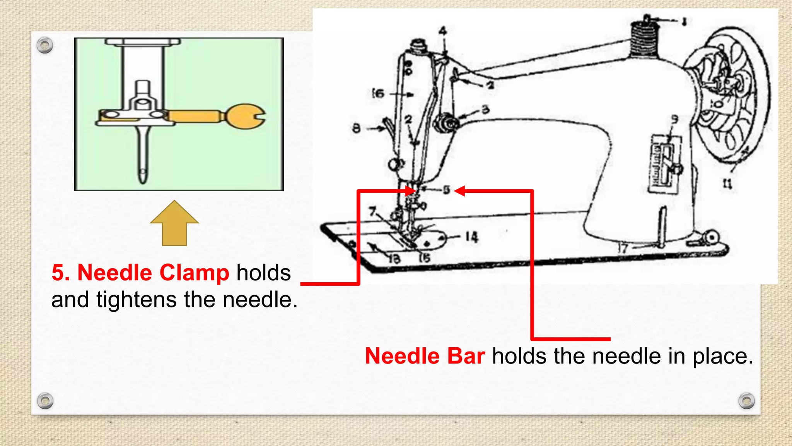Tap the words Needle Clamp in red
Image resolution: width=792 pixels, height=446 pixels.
pos(153,273)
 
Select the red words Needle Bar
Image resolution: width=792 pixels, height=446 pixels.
pos(425,356)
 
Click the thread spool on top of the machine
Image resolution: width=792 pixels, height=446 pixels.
pos(644,41)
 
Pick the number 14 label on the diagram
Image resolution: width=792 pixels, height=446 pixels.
pos(471,237)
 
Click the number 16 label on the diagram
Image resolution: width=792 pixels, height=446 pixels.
pos(378,93)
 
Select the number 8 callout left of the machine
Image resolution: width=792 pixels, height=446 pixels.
pos(356,128)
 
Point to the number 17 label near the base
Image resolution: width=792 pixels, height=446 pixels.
pos(622,248)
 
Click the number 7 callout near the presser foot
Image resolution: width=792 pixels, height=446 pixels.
pos(372,211)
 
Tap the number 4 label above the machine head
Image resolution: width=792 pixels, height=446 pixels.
pos(443,31)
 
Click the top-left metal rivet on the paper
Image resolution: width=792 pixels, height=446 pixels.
pos(45,46)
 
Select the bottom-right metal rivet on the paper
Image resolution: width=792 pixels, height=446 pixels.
pos(746,401)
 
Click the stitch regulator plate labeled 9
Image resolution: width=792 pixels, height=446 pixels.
pos(665,164)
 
